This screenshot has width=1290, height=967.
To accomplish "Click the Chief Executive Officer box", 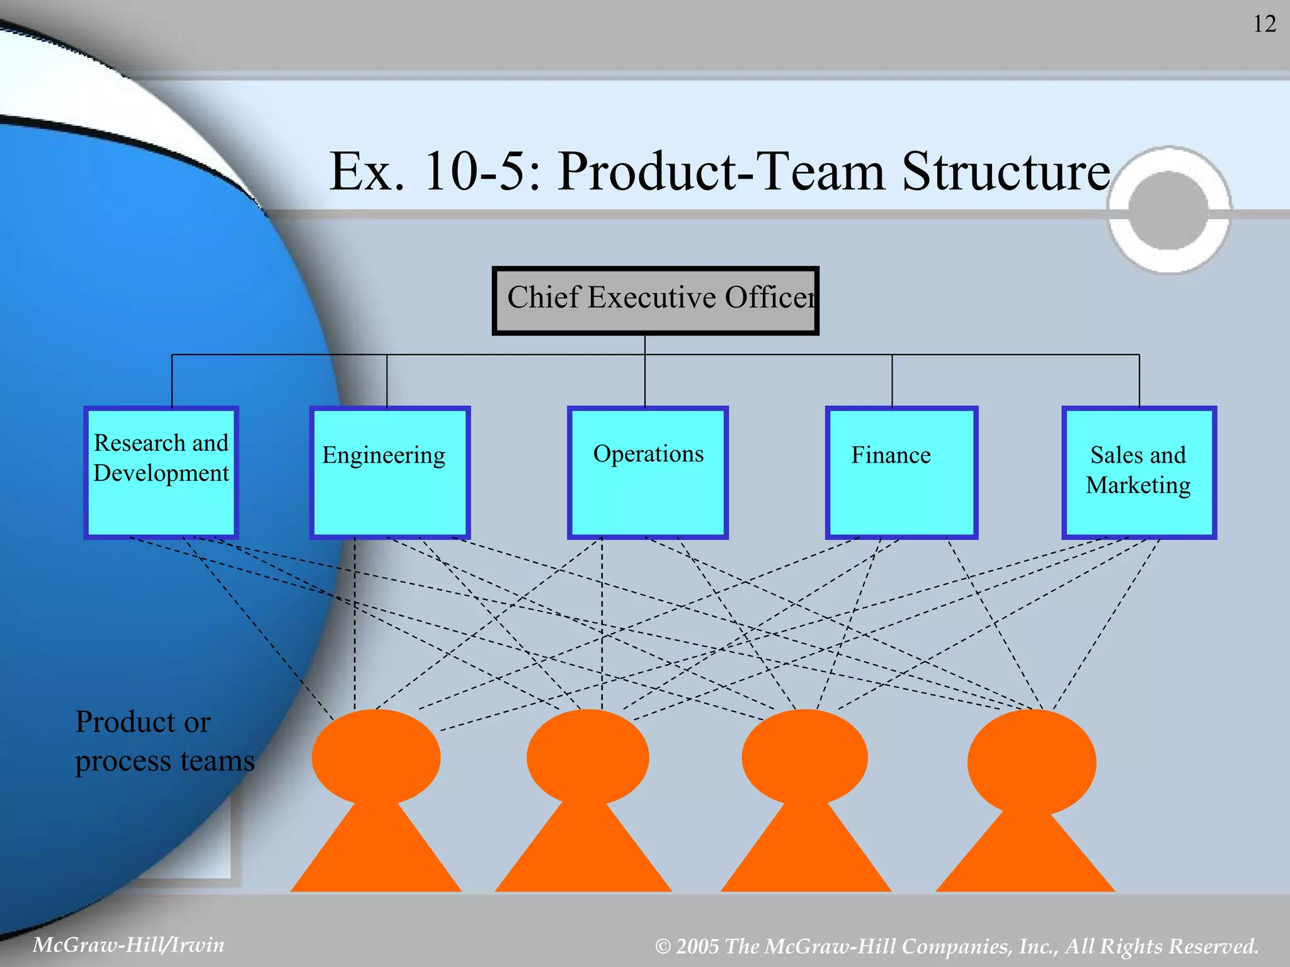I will point(655,300).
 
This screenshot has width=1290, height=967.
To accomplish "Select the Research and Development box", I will point(161,472).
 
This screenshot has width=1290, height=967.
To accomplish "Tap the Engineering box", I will point(390,472).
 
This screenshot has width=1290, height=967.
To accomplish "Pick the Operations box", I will point(648,472).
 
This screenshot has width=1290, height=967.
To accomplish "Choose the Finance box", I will point(901,472).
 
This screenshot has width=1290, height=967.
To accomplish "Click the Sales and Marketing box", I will point(1139,472).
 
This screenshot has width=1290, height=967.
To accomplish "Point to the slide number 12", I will point(1264,24).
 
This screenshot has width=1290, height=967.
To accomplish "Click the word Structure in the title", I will point(1006,171).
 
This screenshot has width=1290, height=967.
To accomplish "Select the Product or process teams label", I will point(164,741).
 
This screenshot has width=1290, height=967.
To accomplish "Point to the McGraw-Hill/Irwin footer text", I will point(128,944).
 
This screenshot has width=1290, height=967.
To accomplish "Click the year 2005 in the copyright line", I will point(697,946).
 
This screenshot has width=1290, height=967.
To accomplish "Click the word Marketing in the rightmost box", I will point(1138,485).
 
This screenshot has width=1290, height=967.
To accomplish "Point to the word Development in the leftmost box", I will point(161,473).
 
